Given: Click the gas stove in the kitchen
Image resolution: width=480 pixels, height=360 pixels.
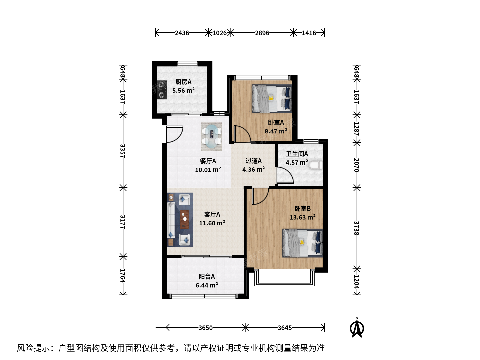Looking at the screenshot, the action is pyautogui.click(x=162, y=90).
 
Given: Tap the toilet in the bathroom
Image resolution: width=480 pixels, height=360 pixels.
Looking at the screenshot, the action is pyautogui.click(x=316, y=165).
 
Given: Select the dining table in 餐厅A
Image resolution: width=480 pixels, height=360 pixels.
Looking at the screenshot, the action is pyautogui.click(x=211, y=137).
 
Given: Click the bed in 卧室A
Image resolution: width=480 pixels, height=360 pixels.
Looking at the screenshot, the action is pyautogui.click(x=272, y=99).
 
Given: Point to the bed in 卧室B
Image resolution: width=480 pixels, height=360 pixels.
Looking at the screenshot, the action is pyautogui.click(x=303, y=243).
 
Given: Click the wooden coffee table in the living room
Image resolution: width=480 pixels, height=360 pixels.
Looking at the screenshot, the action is pyautogui.click(x=185, y=219).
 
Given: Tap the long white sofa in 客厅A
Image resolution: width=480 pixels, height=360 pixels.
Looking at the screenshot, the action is pyautogui.click(x=171, y=220).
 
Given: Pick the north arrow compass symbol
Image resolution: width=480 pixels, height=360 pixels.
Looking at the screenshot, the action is pyautogui.click(x=357, y=328).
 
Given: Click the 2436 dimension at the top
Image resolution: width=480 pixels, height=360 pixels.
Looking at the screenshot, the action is pyautogui.click(x=182, y=33).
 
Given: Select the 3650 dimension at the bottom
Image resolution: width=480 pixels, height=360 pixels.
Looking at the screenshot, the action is pyautogui.click(x=206, y=328).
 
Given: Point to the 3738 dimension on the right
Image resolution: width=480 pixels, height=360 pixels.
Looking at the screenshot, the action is pyautogui.click(x=357, y=228).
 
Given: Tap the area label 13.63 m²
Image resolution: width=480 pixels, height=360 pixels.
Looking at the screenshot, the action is pyautogui.click(x=302, y=217).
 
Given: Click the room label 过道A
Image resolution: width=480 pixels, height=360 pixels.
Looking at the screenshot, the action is pyautogui.click(x=253, y=161).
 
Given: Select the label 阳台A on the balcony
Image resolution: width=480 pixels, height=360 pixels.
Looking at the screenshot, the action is pyautogui.click(x=207, y=277).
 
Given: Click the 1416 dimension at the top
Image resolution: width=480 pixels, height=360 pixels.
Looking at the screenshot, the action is pyautogui.click(x=309, y=33).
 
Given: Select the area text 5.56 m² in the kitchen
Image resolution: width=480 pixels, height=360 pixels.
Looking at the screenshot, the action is pyautogui.click(x=183, y=90).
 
